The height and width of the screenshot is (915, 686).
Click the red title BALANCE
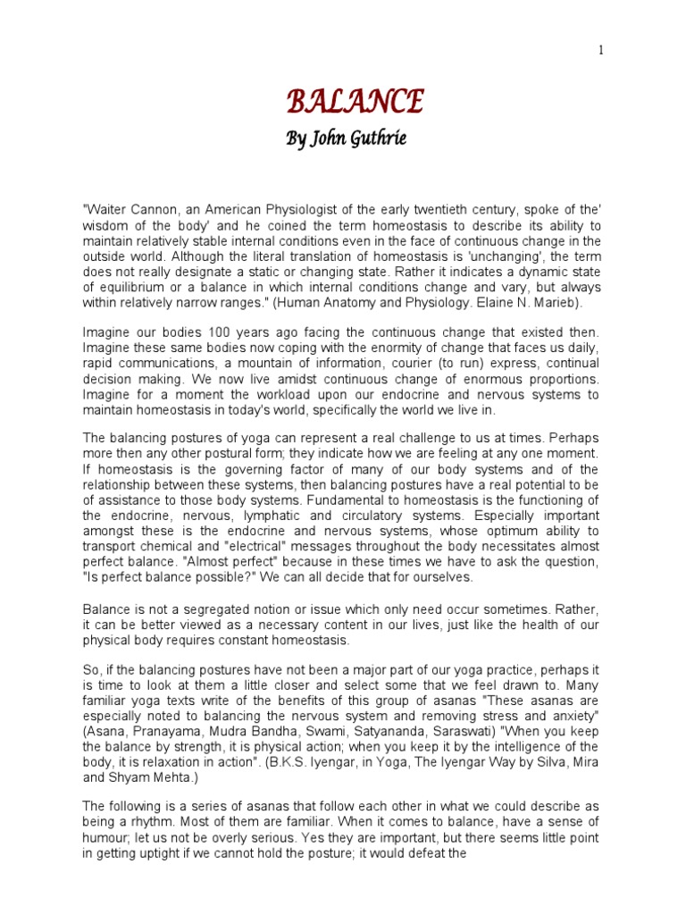click(355, 102)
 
